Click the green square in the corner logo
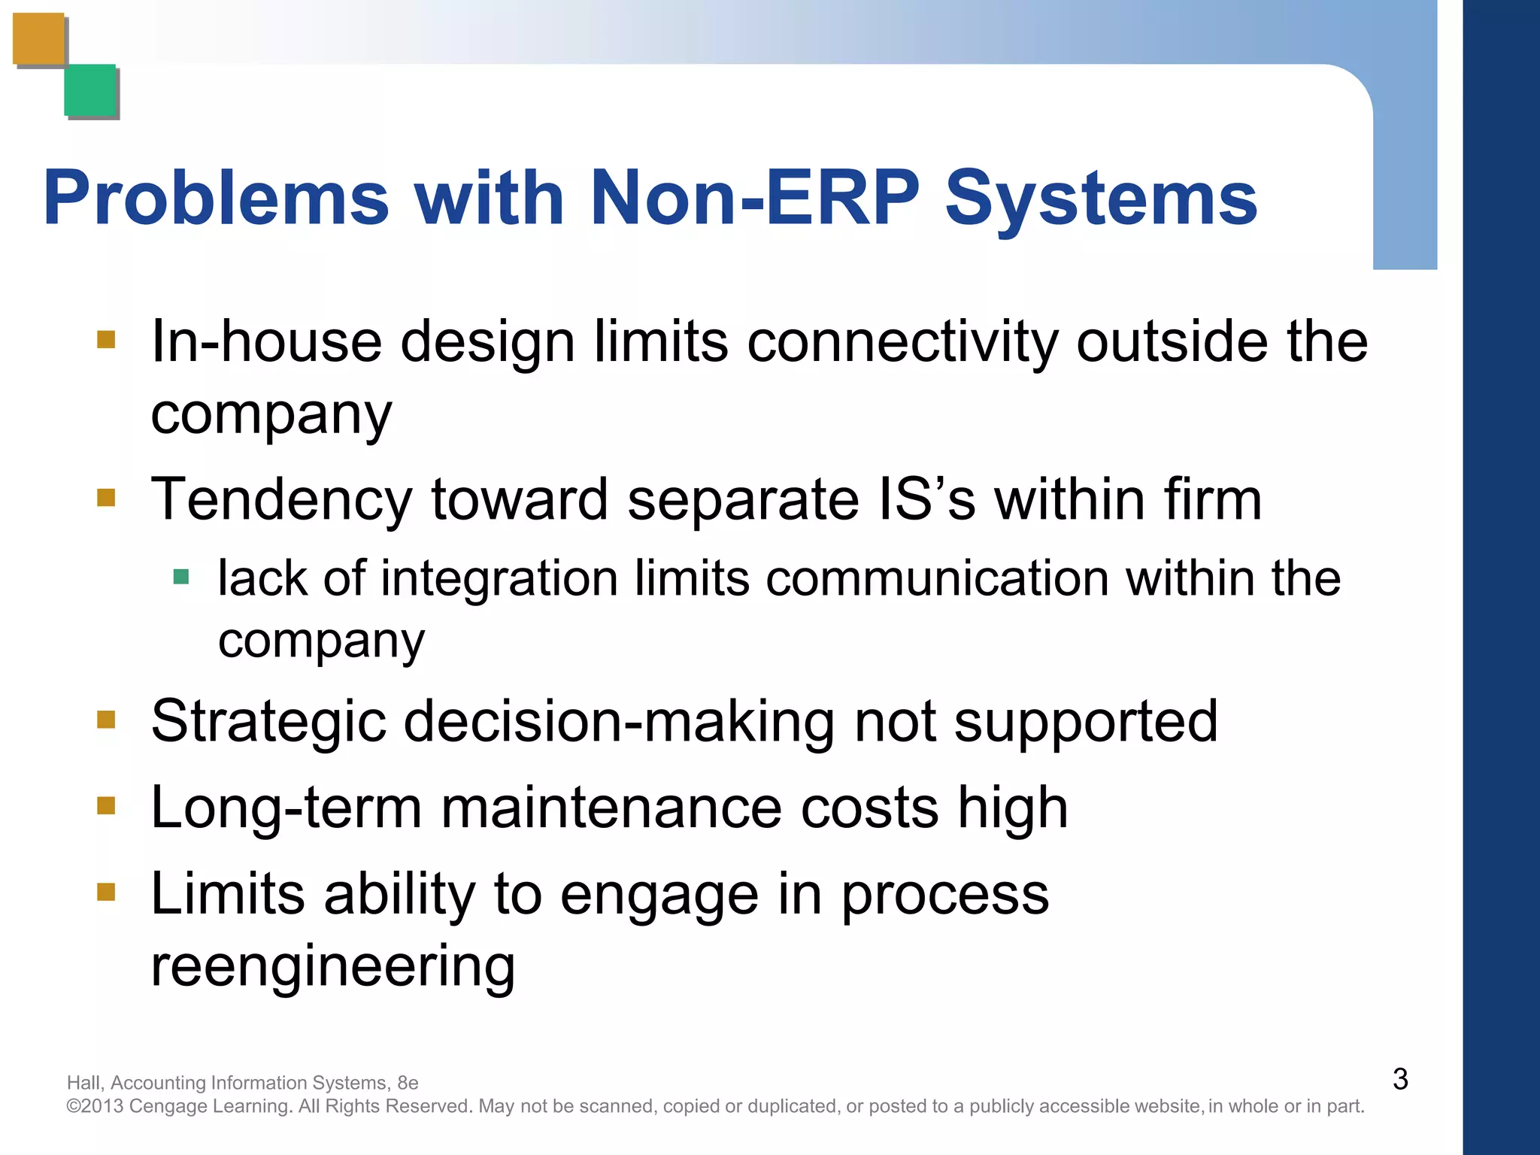90,90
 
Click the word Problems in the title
216,198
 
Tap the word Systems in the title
1100,198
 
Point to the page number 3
1399,1079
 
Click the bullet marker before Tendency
106,498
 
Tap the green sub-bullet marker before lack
180,577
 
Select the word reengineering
332,967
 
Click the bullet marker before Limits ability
106,892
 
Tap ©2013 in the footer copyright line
95,1106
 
